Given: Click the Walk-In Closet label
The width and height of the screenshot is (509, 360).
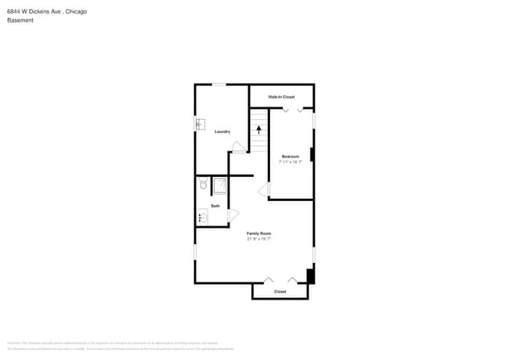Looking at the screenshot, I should click(x=281, y=97).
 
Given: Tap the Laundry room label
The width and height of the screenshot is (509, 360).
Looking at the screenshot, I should click(x=222, y=131).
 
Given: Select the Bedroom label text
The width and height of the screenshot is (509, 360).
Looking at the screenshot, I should click(x=291, y=157).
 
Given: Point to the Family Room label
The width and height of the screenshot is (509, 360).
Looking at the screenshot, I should click(x=258, y=233).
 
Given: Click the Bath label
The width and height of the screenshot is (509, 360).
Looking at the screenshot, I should click(x=215, y=206).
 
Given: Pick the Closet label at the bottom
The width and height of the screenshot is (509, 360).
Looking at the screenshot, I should click(x=280, y=292).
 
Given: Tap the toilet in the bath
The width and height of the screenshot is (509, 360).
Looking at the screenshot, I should click(x=202, y=185).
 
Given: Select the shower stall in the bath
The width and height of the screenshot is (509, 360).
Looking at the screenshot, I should click(x=220, y=185).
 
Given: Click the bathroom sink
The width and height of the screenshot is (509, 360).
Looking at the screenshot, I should click(x=202, y=217).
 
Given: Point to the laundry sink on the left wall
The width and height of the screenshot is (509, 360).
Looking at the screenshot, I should click(x=200, y=124).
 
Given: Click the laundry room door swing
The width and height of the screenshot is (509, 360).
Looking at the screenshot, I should click(x=237, y=146).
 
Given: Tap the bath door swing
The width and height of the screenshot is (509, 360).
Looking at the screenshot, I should click(x=233, y=215).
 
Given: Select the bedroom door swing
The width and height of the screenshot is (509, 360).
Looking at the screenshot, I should click(x=264, y=189).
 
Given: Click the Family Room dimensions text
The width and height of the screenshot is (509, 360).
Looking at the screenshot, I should click(x=258, y=239).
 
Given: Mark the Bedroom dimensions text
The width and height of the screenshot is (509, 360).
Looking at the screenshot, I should click(x=291, y=162).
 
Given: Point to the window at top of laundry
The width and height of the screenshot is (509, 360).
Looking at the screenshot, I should click(x=219, y=85).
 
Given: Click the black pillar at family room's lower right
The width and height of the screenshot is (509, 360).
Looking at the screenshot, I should click(x=310, y=276).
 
